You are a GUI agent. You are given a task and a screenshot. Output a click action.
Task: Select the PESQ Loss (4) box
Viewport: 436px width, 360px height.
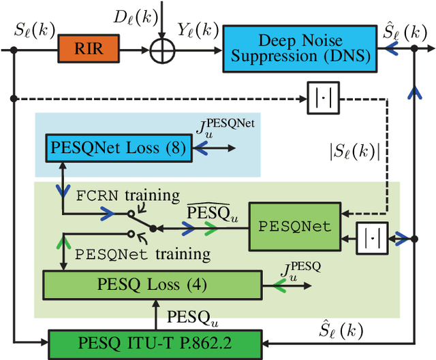[153, 284]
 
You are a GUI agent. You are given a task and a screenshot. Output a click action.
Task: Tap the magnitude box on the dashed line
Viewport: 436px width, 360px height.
[320, 98]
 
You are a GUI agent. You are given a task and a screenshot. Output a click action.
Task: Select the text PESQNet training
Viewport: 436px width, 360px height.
[142, 255]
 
